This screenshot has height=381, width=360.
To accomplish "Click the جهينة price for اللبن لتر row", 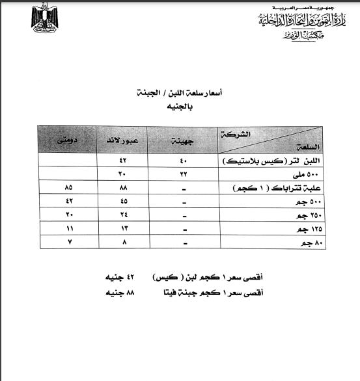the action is click(184, 159).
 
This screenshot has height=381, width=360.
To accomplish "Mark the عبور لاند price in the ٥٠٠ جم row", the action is click(122, 201).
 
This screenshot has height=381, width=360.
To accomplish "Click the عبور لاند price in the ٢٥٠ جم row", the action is click(122, 215).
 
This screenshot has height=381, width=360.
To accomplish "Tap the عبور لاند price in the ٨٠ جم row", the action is click(122, 242).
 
